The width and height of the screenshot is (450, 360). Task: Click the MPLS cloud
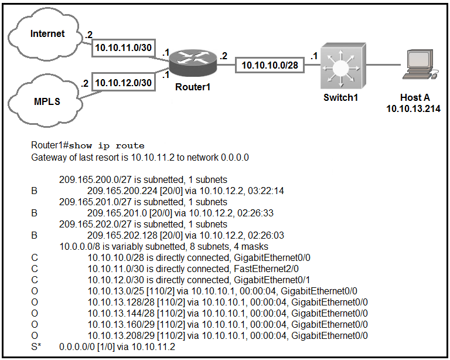coord(47,101)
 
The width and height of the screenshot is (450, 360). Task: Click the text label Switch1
coord(340,97)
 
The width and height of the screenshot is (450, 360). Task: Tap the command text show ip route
coord(108,146)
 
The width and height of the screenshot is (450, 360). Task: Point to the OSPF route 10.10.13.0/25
coord(118,291)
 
